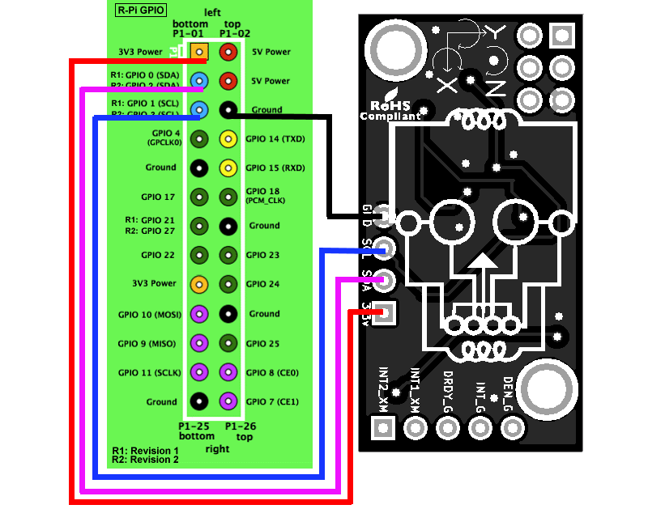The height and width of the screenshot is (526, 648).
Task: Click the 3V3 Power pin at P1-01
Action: [x=199, y=53]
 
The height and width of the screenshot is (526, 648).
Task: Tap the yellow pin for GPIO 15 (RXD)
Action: [x=228, y=168]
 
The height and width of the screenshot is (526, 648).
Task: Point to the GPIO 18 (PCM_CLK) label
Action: [x=264, y=194]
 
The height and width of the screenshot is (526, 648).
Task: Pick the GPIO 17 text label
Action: [x=158, y=197]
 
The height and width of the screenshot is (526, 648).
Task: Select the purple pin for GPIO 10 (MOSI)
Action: [x=199, y=314]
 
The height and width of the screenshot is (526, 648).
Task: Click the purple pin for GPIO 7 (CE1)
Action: [x=228, y=401]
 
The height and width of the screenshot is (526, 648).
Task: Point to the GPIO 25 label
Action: [x=262, y=343]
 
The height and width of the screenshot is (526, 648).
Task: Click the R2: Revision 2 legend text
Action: [x=146, y=460]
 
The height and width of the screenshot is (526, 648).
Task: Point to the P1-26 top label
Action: [x=241, y=431]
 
